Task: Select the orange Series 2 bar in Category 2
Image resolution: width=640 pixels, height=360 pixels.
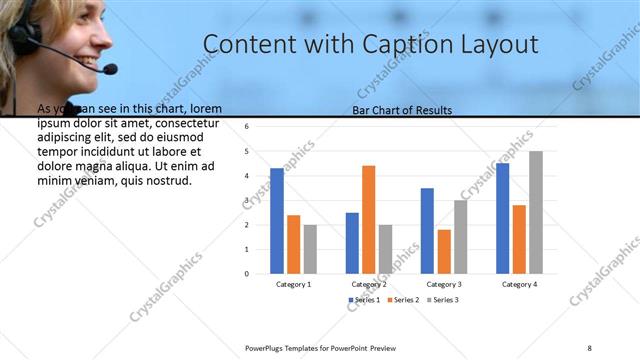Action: pyautogui.click(x=368, y=219)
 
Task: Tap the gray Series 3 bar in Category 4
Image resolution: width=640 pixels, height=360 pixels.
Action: pyautogui.click(x=536, y=212)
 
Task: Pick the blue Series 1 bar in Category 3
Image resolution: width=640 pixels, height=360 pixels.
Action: pyautogui.click(x=427, y=230)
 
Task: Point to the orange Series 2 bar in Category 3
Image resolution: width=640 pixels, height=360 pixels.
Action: pyautogui.click(x=444, y=251)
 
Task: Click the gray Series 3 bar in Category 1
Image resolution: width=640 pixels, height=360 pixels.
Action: pyautogui.click(x=310, y=248)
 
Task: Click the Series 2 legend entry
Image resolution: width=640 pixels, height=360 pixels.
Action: pyautogui.click(x=403, y=300)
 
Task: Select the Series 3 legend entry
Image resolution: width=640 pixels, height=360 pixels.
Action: pyautogui.click(x=443, y=300)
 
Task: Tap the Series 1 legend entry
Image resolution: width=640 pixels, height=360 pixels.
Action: pyautogui.click(x=364, y=300)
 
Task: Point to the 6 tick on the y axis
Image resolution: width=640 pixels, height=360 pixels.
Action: pyautogui.click(x=246, y=127)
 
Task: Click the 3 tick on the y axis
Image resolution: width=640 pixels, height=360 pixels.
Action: pyautogui.click(x=246, y=200)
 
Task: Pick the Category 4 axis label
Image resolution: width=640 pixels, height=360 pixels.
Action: pyautogui.click(x=518, y=284)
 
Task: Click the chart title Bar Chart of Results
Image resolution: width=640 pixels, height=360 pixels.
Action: pyautogui.click(x=402, y=110)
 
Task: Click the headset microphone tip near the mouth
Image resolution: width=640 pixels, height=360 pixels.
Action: pyautogui.click(x=109, y=69)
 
